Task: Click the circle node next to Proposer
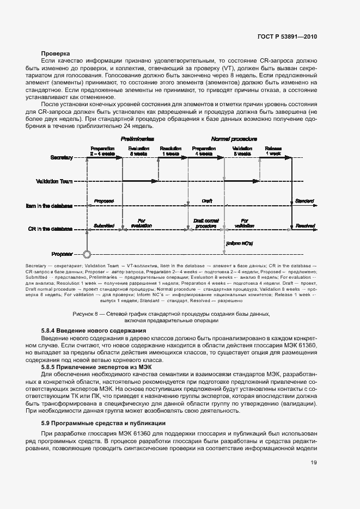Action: [x=85, y=254]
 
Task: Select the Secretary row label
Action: [x=62, y=157]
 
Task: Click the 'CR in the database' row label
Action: [x=50, y=229]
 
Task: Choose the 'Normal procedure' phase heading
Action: [x=234, y=139]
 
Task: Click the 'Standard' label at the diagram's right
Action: [x=304, y=201]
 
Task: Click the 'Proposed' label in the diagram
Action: [x=103, y=201]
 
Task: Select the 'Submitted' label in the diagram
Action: [x=103, y=224]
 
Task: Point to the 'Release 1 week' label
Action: [x=273, y=151]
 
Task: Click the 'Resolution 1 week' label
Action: [x=170, y=151]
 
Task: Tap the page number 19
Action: [x=313, y=463]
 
